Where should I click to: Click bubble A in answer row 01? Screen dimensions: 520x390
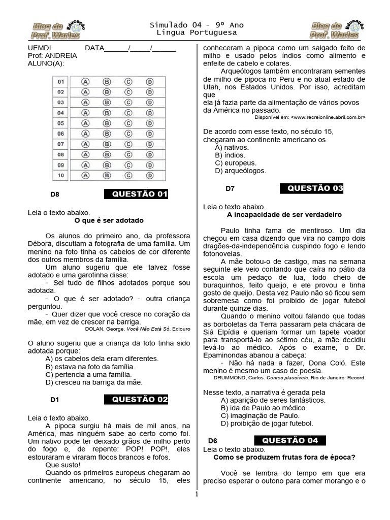[x=86, y=81]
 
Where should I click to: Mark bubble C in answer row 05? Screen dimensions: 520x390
[x=128, y=123]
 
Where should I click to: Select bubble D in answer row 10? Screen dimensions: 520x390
[x=150, y=176]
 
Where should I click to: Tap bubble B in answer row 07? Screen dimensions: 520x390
[x=107, y=144]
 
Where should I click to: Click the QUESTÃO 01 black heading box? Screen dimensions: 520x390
[x=136, y=194]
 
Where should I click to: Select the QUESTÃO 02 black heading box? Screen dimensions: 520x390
[x=136, y=399]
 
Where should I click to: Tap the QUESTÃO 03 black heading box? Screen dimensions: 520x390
[x=312, y=188]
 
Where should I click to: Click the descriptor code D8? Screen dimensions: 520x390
[x=55, y=194]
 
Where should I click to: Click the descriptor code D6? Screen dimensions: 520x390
[x=213, y=440]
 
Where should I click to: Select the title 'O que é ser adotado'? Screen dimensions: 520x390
[x=109, y=220]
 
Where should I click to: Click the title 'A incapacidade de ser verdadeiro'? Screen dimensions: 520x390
[x=284, y=215]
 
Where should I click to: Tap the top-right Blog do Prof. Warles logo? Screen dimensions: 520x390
[x=336, y=30]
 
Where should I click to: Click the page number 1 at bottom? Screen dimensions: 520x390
[x=196, y=494]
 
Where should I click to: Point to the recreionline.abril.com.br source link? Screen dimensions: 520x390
[x=329, y=117]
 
